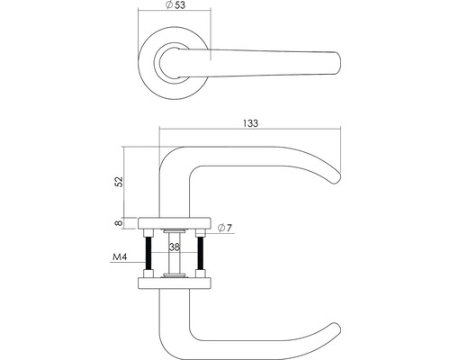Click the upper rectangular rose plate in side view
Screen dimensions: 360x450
[175, 220]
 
